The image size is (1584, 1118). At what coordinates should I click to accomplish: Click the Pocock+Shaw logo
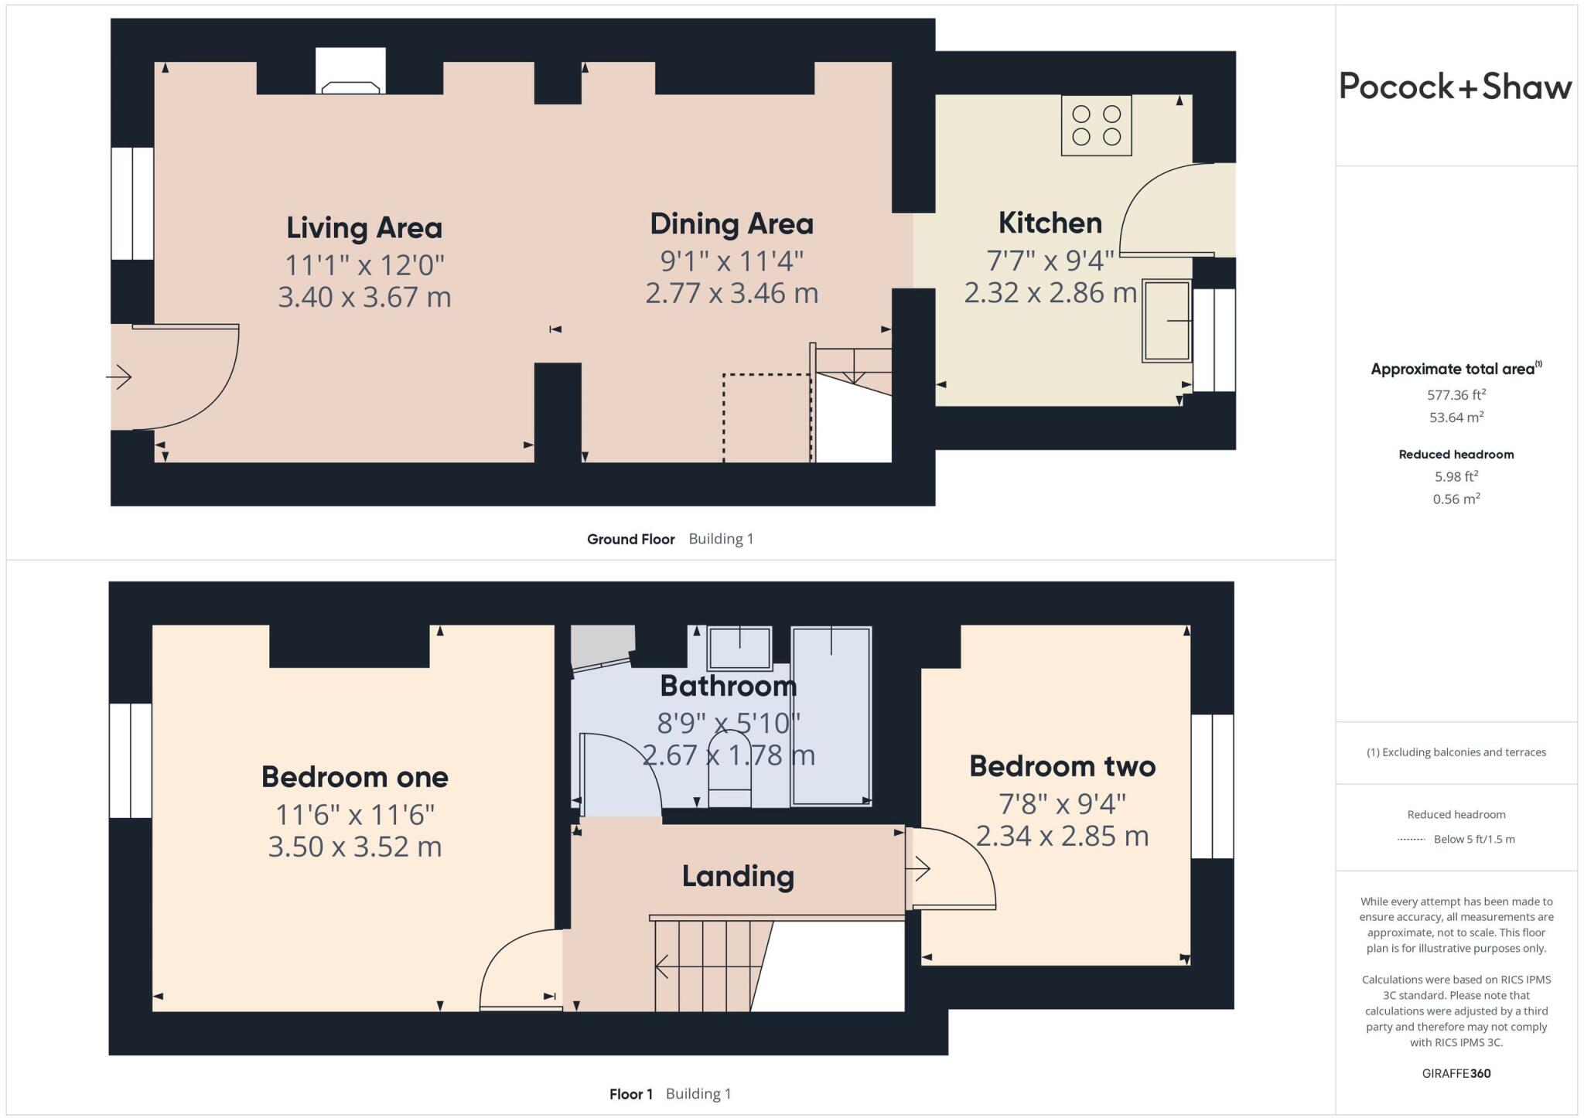pyautogui.click(x=1455, y=86)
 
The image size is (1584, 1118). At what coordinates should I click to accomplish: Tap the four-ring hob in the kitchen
pyautogui.click(x=1096, y=125)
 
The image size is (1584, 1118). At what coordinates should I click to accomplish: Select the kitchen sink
pyautogui.click(x=1166, y=320)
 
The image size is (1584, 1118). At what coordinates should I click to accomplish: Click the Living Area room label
pyautogui.click(x=364, y=228)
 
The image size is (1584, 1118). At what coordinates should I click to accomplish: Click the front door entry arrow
pyautogui.click(x=119, y=377)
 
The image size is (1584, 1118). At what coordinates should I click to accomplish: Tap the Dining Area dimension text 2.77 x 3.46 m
pyautogui.click(x=732, y=294)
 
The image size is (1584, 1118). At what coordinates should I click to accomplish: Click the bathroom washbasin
pyautogui.click(x=740, y=647)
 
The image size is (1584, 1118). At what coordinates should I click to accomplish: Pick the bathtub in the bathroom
pyautogui.click(x=831, y=715)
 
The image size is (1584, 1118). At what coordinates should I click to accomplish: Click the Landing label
pyautogui.click(x=738, y=876)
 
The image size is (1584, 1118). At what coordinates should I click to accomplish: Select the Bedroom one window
pyautogui.click(x=130, y=760)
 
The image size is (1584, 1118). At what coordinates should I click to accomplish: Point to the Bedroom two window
pyautogui.click(x=1212, y=786)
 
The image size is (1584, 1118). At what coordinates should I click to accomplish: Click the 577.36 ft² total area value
pyautogui.click(x=1456, y=395)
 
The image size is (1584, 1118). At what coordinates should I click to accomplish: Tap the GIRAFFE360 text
pyautogui.click(x=1456, y=1073)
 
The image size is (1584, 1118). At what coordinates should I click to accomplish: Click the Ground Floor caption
pyautogui.click(x=630, y=539)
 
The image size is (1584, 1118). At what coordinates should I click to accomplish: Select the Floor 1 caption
pyautogui.click(x=630, y=1094)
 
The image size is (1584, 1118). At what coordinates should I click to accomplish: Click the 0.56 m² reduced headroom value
pyautogui.click(x=1456, y=499)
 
